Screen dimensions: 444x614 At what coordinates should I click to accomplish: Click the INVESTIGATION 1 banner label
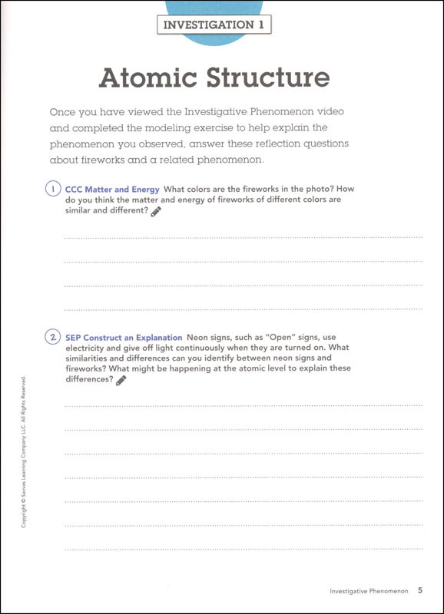pos(214,25)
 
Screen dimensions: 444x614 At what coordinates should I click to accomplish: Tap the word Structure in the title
pos(270,78)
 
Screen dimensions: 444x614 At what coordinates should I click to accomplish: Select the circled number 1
pos(52,189)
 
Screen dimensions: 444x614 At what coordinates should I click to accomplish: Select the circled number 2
pos(52,338)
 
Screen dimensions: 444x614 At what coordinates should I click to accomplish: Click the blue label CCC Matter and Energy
pos(112,189)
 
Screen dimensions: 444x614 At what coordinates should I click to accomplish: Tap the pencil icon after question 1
pos(156,211)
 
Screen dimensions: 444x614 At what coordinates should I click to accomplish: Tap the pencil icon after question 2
pos(121,379)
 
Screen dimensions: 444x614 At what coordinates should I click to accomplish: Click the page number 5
pos(420,590)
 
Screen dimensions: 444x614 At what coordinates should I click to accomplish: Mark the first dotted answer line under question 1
pos(243,238)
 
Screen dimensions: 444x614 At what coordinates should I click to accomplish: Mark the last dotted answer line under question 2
pos(243,550)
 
